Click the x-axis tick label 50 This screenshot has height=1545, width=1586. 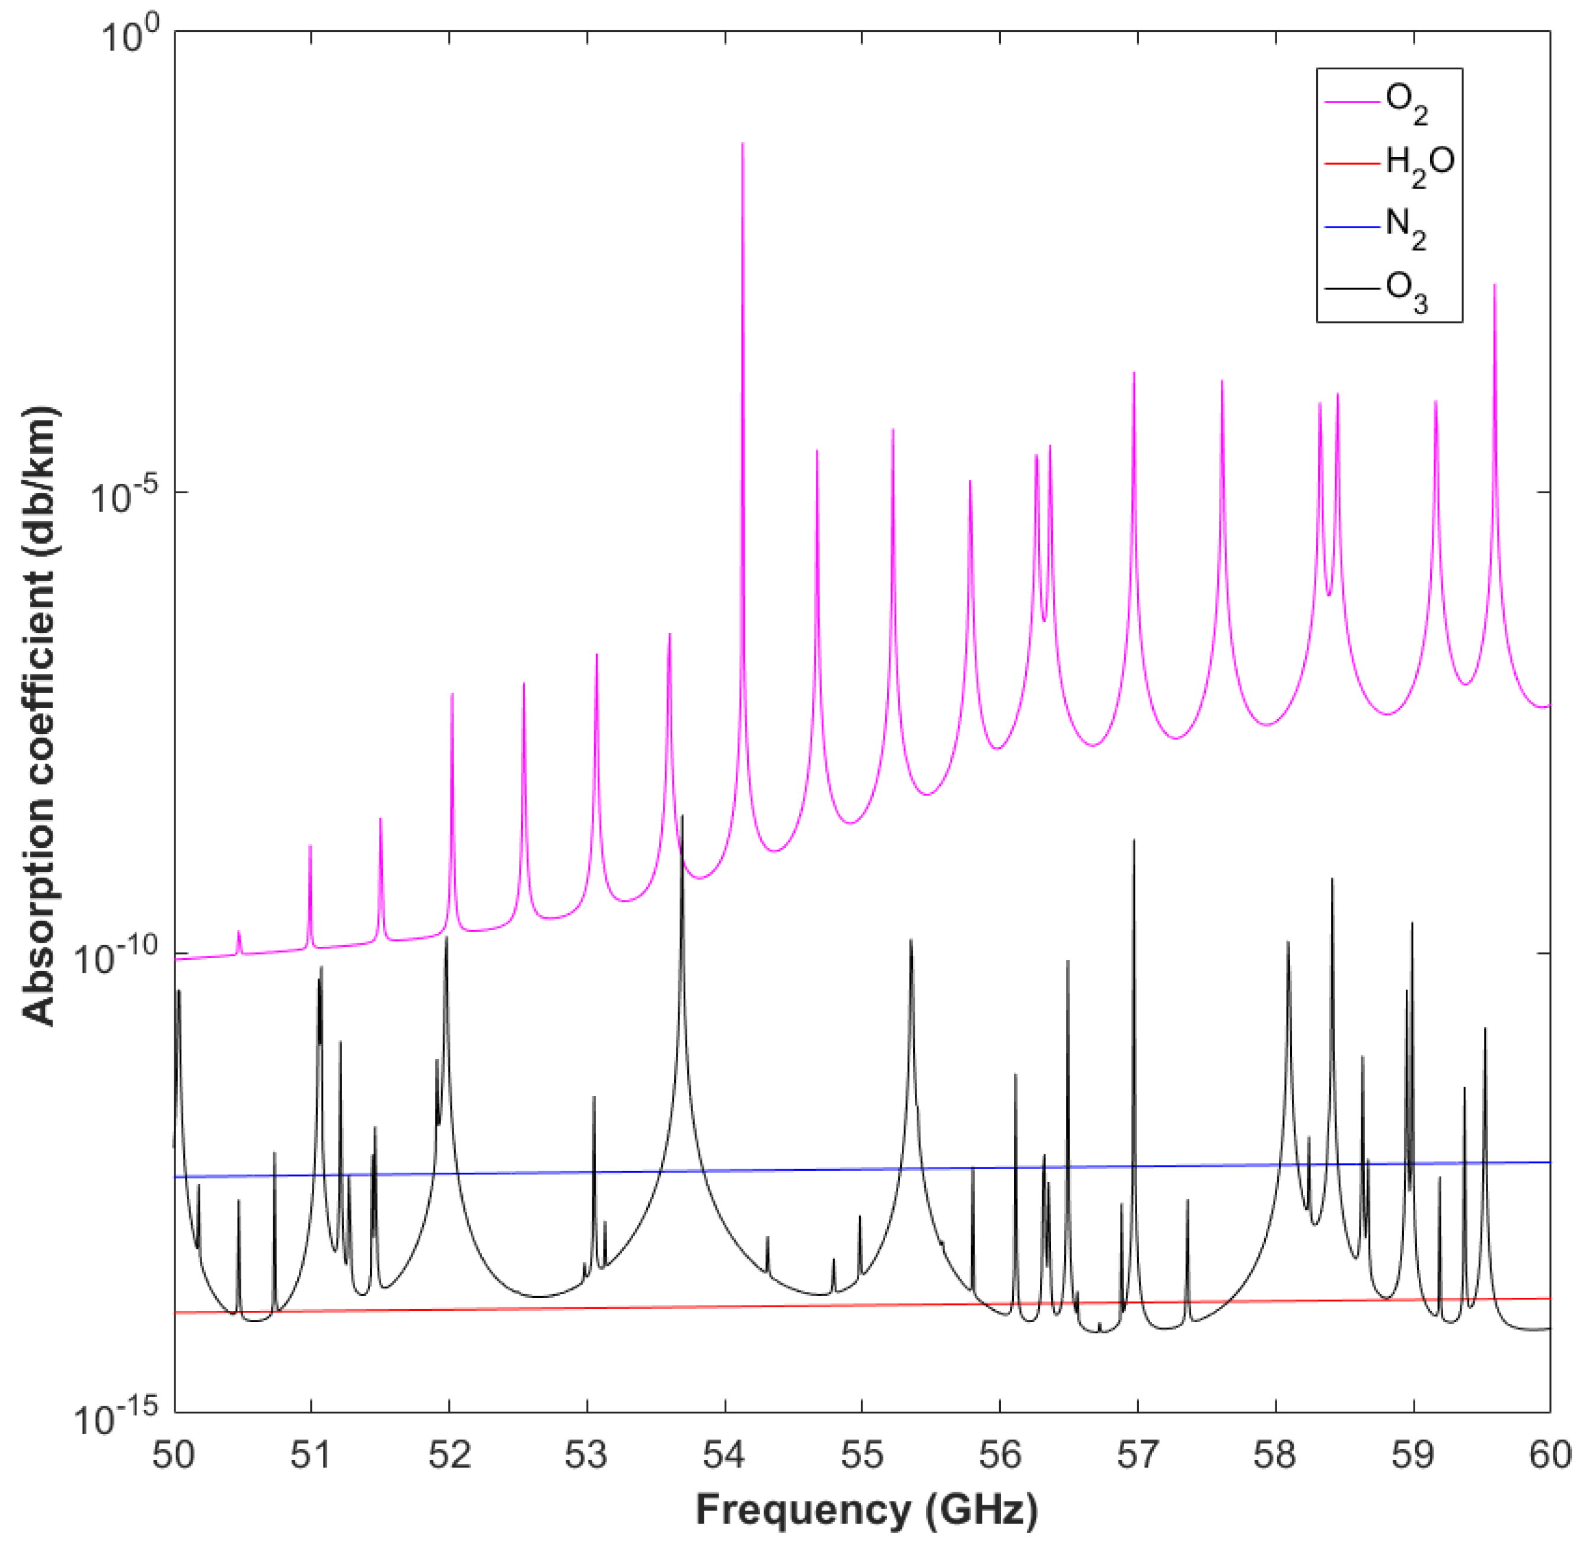174,1455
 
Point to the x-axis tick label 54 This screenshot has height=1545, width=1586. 724,1455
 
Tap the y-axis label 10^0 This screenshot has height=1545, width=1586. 130,37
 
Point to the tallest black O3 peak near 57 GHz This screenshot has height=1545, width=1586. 1134,840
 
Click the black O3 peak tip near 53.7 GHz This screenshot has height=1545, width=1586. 682,816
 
